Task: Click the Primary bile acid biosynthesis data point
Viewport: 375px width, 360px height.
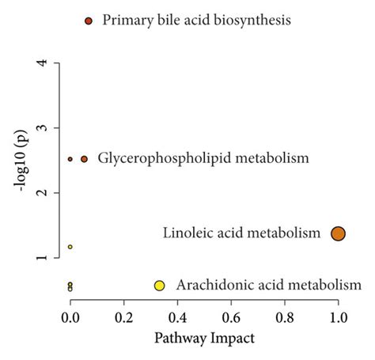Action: pyautogui.click(x=89, y=20)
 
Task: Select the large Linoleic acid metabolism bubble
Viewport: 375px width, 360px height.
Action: pyautogui.click(x=339, y=233)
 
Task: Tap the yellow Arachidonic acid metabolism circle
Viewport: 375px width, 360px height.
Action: pyautogui.click(x=159, y=286)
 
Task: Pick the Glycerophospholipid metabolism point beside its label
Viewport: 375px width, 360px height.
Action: pyautogui.click(x=85, y=159)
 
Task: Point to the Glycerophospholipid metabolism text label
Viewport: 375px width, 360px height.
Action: pyautogui.click(x=203, y=159)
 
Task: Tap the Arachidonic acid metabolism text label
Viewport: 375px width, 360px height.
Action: pyautogui.click(x=268, y=285)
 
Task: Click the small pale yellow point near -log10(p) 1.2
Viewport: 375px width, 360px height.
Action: pyautogui.click(x=70, y=247)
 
